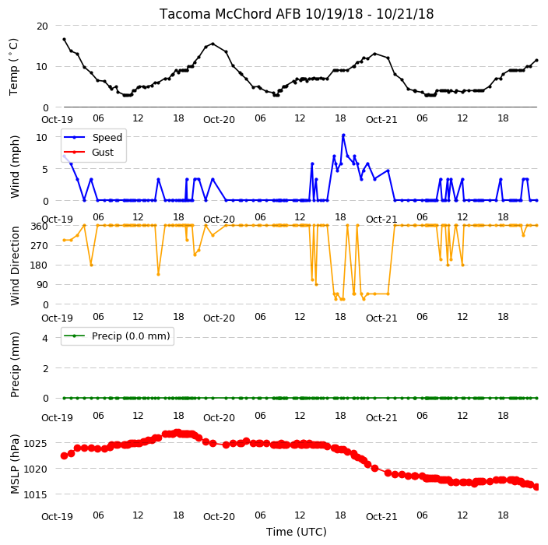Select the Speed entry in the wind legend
(x=93, y=137)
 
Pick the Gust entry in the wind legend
(x=89, y=153)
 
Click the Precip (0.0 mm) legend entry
(x=117, y=336)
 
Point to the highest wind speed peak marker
(x=343, y=135)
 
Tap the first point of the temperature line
(x=64, y=39)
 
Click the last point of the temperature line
(x=537, y=60)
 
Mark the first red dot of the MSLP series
(x=64, y=456)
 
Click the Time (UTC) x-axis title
(x=297, y=532)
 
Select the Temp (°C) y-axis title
(x=13, y=67)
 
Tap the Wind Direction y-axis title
(x=15, y=265)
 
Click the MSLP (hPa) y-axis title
(x=15, y=464)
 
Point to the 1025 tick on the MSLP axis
(x=35, y=444)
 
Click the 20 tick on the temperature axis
(x=42, y=26)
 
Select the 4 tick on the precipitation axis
(x=45, y=338)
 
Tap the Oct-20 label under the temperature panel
(x=219, y=120)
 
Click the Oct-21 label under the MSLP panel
(x=381, y=516)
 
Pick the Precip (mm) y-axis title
(x=15, y=364)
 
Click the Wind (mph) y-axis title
(x=15, y=167)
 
